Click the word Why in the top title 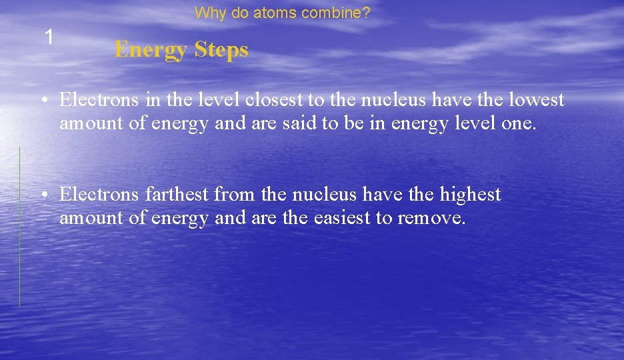pos(208,13)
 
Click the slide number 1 pos(49,37)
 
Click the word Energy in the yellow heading pos(151,50)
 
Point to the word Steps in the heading pos(222,50)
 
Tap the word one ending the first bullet pos(519,124)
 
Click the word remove pos(431,218)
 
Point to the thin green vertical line pos(19,227)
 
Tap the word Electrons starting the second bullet pos(100,194)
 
